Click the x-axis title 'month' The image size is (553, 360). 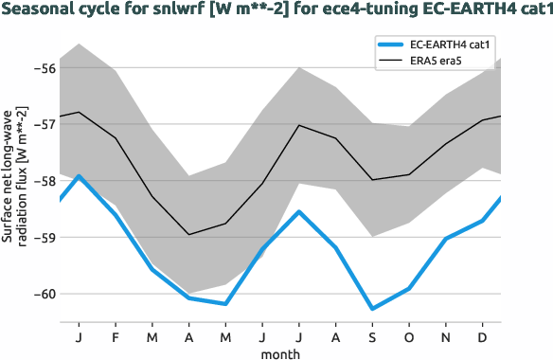280,352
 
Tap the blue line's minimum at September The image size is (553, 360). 372,309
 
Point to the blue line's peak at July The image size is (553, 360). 299,211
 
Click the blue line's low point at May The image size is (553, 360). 225,304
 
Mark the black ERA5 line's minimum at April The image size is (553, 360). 189,234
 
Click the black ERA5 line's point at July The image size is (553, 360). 299,125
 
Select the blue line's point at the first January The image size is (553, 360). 79,175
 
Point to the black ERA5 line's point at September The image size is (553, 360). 372,180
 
